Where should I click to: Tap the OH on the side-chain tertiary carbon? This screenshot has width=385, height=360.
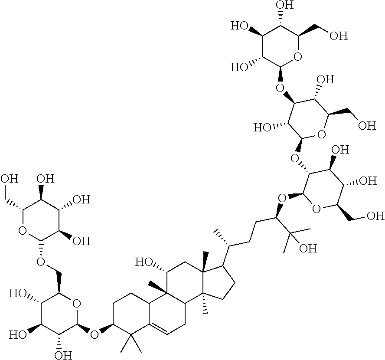coord(302,249)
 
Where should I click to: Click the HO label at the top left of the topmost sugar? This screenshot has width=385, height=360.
coord(239,26)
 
